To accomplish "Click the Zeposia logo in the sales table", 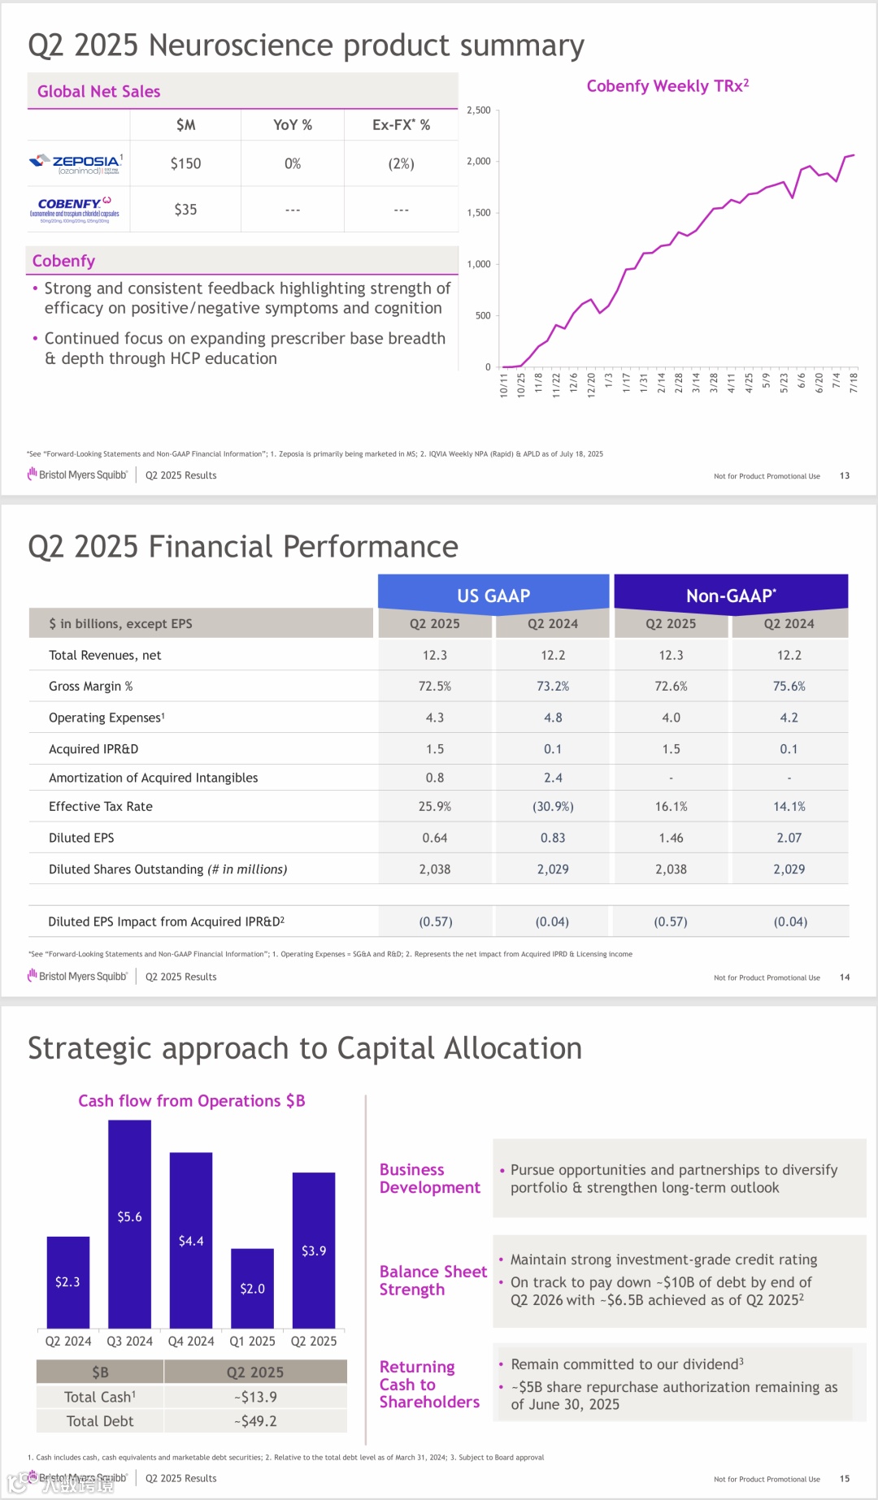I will click(76, 164).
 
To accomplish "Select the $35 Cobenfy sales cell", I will click(185, 210).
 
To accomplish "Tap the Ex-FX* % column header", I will click(401, 125).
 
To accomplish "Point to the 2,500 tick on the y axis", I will click(479, 111).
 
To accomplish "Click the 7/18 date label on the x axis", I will click(854, 383).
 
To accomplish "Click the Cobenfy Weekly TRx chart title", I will click(667, 86).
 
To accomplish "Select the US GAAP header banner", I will click(493, 596).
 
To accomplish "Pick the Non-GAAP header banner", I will click(730, 596).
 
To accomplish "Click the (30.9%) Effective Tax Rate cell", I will click(553, 807).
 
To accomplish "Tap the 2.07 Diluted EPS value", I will click(789, 838).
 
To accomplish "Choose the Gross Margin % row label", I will click(90, 687).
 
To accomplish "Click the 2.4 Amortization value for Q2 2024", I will click(553, 778).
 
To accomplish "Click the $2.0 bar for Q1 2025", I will click(252, 1288).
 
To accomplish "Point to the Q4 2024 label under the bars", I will click(191, 1342).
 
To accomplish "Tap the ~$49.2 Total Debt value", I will click(255, 1421).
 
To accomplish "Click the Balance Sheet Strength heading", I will click(432, 1281).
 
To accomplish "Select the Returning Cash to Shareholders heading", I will click(429, 1385).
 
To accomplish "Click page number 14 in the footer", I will click(845, 978).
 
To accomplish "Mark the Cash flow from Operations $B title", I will click(192, 1101).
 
